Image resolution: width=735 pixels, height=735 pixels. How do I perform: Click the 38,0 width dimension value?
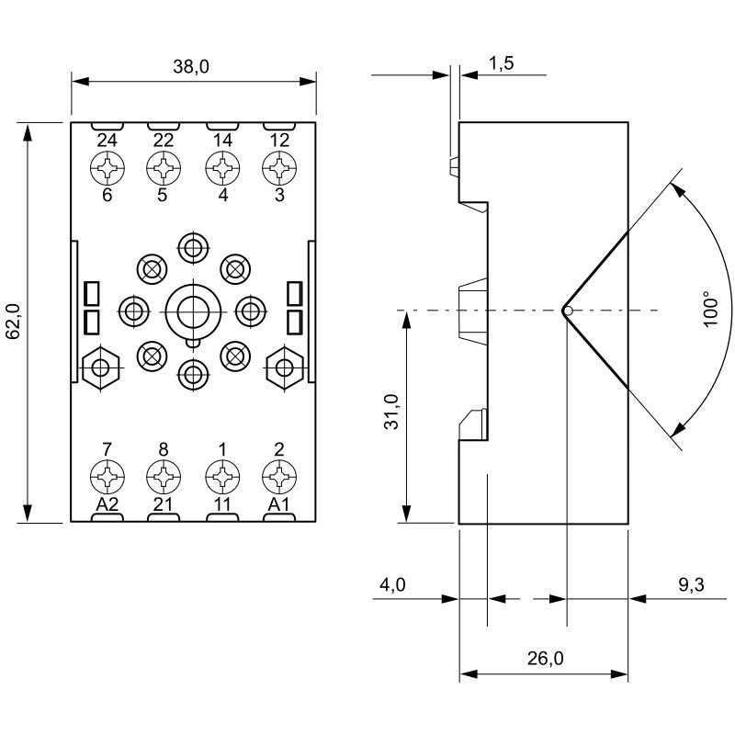(192, 67)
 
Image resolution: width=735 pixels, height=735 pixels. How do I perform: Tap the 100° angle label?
(708, 310)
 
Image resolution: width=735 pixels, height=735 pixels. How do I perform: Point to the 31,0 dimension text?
(390, 413)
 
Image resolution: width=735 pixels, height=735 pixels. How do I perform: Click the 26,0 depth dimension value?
(545, 658)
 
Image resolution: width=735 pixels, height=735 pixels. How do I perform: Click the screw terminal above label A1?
(278, 475)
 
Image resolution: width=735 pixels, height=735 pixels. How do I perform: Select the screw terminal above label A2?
(107, 475)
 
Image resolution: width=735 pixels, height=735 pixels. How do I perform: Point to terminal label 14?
(221, 141)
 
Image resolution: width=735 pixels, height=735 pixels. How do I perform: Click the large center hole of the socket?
(191, 311)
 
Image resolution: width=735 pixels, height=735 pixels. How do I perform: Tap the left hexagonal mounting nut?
(99, 368)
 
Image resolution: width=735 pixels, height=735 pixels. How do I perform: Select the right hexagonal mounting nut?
(284, 368)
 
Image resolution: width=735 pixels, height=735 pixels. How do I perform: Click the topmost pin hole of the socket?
(192, 247)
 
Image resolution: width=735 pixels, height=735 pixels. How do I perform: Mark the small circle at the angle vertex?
(568, 311)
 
